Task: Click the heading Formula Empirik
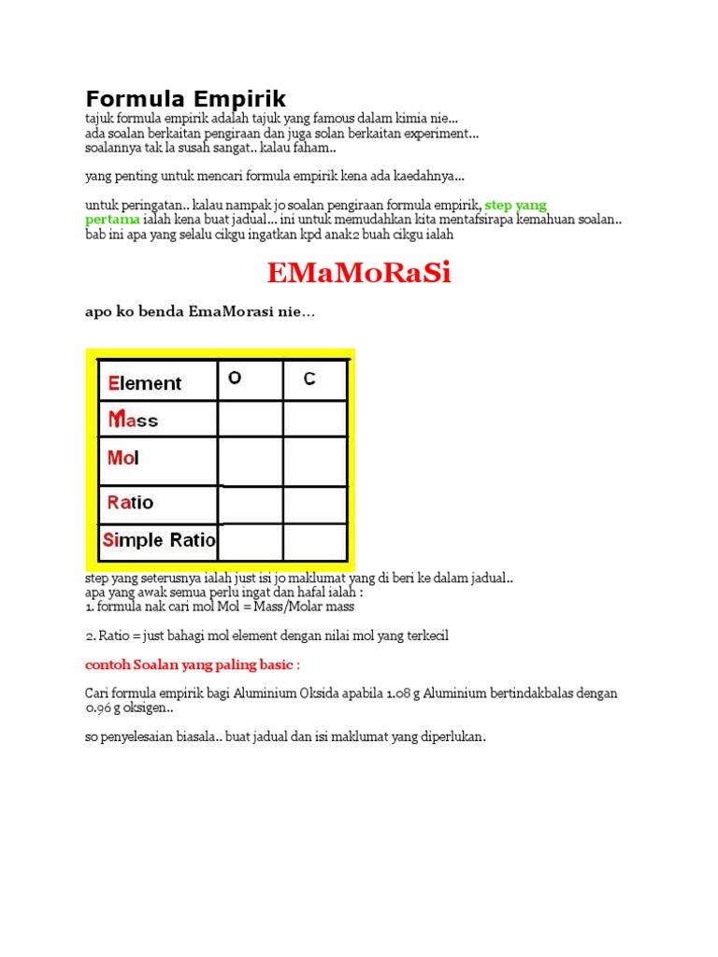(185, 98)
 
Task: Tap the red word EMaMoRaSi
(359, 273)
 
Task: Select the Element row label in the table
(145, 383)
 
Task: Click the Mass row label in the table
(134, 421)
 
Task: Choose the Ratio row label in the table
(130, 503)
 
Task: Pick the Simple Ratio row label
(159, 540)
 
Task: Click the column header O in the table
(235, 379)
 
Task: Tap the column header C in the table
(309, 379)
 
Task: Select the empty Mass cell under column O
(251, 419)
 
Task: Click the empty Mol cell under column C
(315, 460)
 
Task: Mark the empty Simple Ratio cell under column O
(251, 541)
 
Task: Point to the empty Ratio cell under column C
(315, 504)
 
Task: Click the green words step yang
(516, 205)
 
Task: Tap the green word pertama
(112, 220)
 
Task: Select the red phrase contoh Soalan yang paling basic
(193, 664)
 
